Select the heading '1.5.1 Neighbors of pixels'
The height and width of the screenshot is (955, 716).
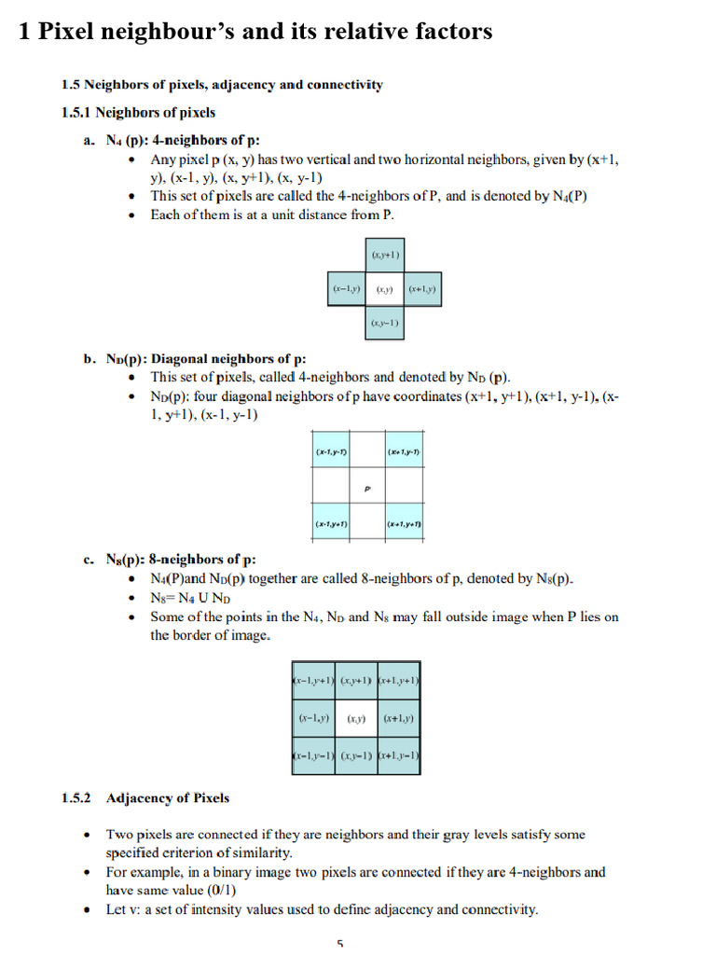point(138,113)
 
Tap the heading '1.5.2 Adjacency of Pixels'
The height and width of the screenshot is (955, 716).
point(146,798)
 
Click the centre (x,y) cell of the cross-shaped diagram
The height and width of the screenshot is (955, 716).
point(384,290)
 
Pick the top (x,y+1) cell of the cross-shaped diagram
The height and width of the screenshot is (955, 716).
point(384,255)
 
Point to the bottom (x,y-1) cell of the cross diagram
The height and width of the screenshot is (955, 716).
point(384,324)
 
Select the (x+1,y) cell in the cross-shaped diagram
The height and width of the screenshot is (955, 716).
point(422,290)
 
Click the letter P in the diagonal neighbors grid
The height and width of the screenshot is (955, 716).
point(367,488)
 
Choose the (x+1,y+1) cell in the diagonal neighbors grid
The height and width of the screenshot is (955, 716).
point(404,525)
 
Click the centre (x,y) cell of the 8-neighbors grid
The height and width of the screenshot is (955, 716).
point(356,719)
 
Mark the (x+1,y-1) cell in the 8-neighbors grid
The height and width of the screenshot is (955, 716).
point(399,754)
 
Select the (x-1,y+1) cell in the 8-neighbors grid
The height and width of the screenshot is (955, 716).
point(312,684)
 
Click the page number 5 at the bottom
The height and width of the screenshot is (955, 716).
point(340,943)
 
